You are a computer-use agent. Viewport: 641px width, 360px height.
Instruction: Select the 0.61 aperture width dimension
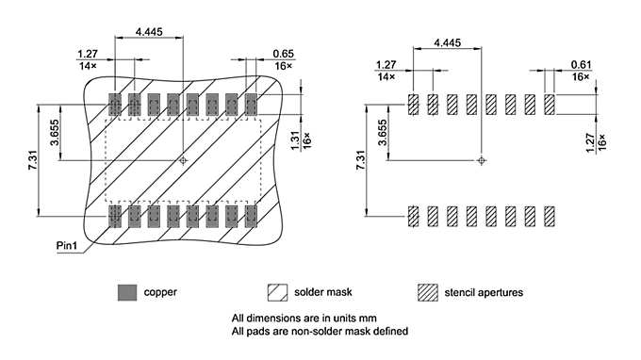pyautogui.click(x=581, y=63)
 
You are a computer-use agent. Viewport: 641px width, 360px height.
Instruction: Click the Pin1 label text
pyautogui.click(x=65, y=246)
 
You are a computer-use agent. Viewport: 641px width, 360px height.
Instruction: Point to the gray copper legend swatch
pyautogui.click(x=126, y=292)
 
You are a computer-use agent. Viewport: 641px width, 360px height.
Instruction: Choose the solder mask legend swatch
pyautogui.click(x=277, y=292)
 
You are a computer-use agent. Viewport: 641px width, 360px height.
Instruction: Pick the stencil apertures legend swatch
pyautogui.click(x=428, y=292)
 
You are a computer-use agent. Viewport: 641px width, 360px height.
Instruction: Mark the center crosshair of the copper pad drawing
pyautogui.click(x=183, y=161)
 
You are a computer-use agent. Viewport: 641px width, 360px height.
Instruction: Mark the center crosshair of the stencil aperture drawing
pyautogui.click(x=482, y=161)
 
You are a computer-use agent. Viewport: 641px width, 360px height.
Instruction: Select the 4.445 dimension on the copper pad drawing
pyautogui.click(x=149, y=31)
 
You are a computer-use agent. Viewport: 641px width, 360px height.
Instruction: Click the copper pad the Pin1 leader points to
pyautogui.click(x=115, y=218)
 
